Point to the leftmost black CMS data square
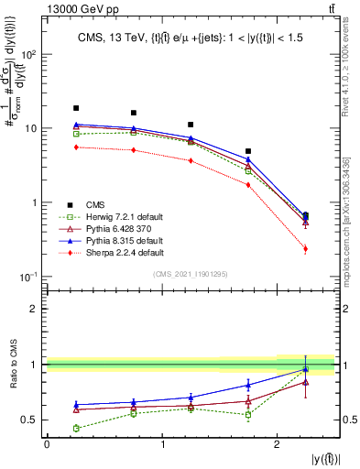(76, 108)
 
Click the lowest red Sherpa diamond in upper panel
(305, 249)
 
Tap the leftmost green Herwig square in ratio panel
(76, 428)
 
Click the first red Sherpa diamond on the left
(76, 147)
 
